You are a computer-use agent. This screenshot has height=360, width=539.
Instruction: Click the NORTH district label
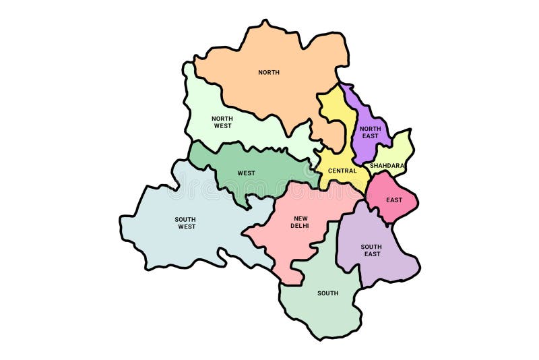pyautogui.click(x=269, y=72)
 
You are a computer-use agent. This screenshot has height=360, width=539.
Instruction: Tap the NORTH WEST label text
pyautogui.click(x=222, y=122)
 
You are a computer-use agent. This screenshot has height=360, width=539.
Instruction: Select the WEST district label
pyautogui.click(x=246, y=173)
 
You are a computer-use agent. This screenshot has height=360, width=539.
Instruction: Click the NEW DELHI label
pyautogui.click(x=300, y=222)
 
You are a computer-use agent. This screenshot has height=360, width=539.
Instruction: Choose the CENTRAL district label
pyautogui.click(x=342, y=171)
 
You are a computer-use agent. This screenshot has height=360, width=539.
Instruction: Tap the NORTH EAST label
pyautogui.click(x=370, y=132)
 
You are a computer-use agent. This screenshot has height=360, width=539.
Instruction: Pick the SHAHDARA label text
pyautogui.click(x=387, y=165)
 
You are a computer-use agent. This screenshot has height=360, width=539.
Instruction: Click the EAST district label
pyautogui.click(x=394, y=200)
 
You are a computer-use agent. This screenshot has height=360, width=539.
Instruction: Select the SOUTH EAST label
pyautogui.click(x=371, y=250)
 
